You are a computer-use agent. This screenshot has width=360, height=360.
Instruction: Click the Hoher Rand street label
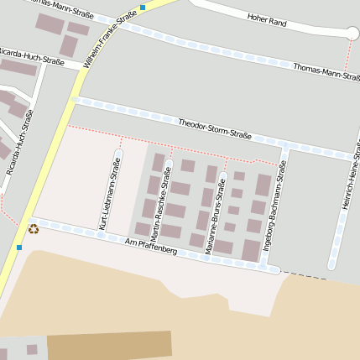click(x=267, y=21)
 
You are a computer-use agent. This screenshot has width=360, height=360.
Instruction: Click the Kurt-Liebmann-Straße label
click(x=110, y=194)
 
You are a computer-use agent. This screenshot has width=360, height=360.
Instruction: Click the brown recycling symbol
click(x=34, y=228)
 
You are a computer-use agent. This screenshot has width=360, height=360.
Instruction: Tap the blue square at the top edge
click(x=143, y=7)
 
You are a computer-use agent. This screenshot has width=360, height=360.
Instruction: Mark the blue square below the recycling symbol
click(x=18, y=248)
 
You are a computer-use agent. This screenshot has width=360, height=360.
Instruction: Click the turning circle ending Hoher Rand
click(x=352, y=33)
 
